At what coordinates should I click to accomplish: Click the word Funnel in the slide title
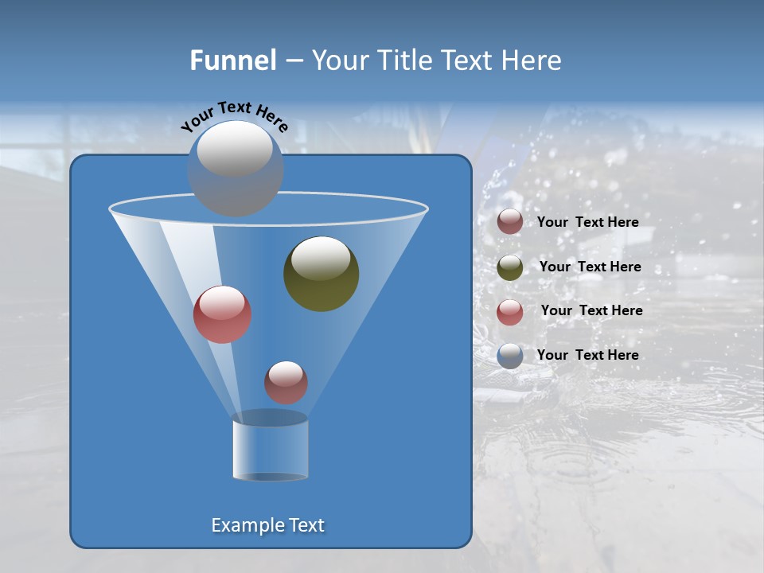232,60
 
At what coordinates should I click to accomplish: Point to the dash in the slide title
293,61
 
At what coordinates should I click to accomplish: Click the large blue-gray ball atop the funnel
235,168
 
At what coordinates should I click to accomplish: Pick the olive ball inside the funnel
321,274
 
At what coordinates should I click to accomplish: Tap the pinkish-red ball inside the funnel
222,314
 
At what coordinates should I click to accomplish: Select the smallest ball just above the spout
286,382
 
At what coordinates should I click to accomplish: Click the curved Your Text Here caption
234,116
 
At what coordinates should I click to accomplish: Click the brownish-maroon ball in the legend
510,222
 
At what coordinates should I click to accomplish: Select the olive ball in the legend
510,267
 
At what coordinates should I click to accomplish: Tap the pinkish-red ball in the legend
510,312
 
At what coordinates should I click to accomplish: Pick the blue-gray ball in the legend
510,356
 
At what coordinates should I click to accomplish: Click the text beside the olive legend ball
590,267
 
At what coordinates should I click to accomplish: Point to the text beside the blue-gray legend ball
587,355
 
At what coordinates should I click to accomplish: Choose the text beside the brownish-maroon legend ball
587,222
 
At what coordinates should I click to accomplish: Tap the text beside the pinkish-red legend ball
591,310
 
